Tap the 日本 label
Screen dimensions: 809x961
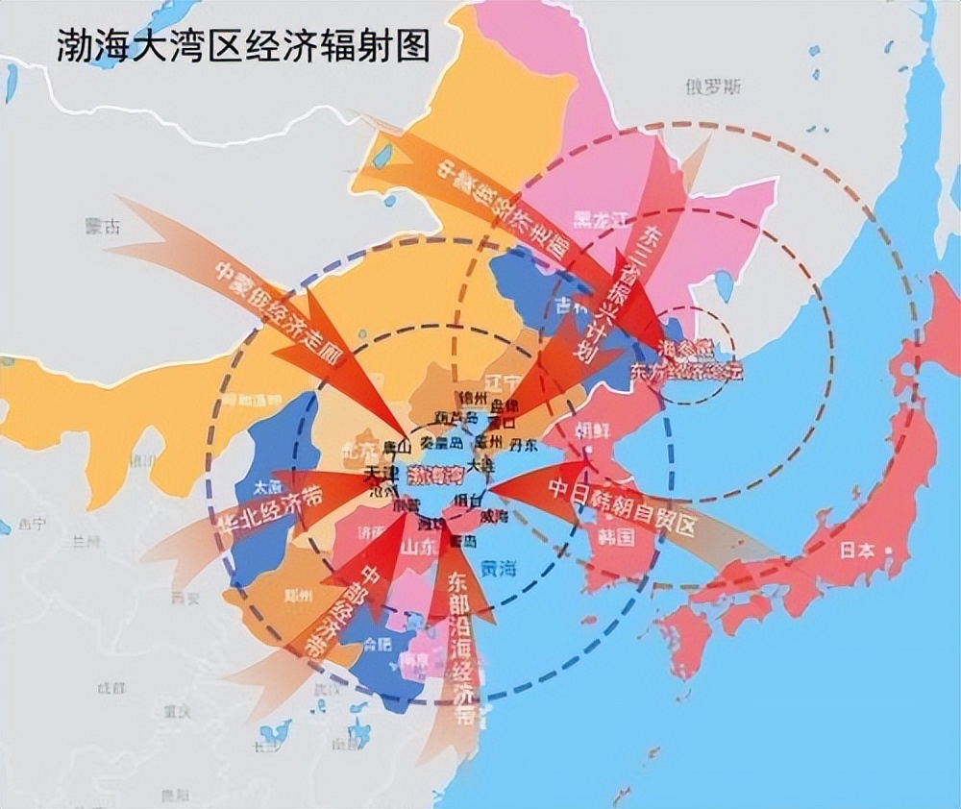click(858, 551)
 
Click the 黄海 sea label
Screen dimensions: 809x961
click(499, 569)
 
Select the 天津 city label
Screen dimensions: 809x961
click(381, 476)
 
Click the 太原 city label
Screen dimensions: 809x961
click(266, 487)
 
